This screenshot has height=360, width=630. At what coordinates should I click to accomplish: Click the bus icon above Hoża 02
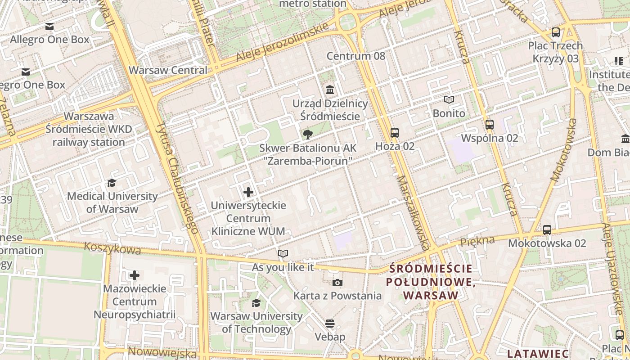[x=395, y=132]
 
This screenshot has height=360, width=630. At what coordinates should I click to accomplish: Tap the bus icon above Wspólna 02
[x=490, y=125]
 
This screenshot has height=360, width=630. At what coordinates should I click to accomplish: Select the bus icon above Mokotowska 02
[x=547, y=230]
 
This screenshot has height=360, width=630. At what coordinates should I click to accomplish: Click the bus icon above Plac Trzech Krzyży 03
[x=556, y=32]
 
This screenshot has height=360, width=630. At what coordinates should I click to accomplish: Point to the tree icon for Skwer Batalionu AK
[x=308, y=134]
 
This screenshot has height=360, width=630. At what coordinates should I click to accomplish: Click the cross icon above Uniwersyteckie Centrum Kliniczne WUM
[x=248, y=193]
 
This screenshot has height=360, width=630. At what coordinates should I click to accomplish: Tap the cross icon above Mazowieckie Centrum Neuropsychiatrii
[x=135, y=275]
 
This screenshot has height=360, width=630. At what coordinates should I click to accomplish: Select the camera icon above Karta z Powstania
[x=337, y=283]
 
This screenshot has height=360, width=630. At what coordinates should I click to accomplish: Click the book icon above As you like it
[x=283, y=254]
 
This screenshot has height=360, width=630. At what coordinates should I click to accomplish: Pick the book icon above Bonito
[x=449, y=100]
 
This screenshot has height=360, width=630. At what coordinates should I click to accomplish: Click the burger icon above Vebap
[x=330, y=324]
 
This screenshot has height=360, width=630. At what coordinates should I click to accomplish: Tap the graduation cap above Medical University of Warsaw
[x=112, y=183]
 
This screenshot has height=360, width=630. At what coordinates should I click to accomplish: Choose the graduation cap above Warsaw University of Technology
[x=256, y=303]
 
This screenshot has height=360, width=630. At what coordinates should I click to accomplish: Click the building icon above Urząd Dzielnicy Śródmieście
[x=330, y=90]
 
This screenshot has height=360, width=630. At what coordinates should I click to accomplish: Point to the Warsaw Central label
[x=168, y=70]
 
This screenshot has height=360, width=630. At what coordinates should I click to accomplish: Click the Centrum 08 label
[x=356, y=56]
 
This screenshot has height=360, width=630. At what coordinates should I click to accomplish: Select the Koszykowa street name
[x=112, y=248]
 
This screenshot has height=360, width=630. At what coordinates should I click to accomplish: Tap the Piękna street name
[x=477, y=242]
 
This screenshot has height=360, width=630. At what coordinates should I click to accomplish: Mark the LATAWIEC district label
[x=537, y=353]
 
